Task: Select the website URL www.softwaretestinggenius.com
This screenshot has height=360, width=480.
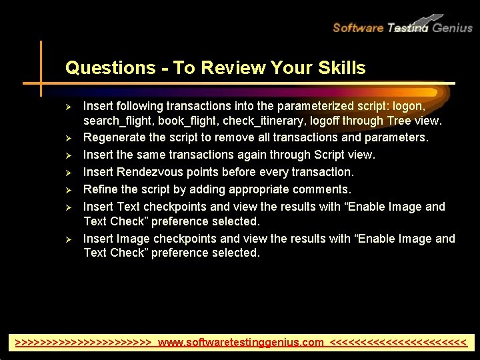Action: [241, 343]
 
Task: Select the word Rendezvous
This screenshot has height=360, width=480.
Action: [149, 172]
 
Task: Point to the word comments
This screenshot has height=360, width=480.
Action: [323, 189]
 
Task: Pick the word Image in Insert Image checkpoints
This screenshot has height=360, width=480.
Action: [133, 239]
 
